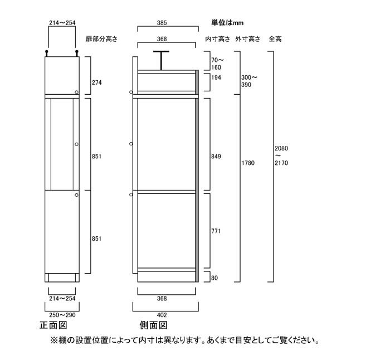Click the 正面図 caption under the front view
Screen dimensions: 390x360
(53, 325)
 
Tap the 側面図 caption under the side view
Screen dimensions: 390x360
(153, 325)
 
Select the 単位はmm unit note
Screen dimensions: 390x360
(227, 23)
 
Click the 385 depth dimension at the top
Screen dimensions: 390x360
(162, 23)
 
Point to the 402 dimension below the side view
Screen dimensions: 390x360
(162, 315)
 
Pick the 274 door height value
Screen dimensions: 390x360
(97, 82)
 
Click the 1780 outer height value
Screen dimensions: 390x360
(248, 163)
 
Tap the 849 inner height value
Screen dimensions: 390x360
(216, 157)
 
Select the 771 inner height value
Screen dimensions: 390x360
(216, 231)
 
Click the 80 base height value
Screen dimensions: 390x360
(214, 278)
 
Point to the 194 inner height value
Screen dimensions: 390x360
(216, 77)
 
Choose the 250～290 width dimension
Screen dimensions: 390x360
(62, 315)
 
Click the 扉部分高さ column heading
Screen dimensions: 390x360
(101, 39)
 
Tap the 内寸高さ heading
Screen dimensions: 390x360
(218, 39)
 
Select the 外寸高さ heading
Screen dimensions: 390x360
(248, 39)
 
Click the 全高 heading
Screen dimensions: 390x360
(275, 39)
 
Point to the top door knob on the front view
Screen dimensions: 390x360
(77, 93)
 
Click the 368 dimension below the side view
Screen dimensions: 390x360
(162, 298)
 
